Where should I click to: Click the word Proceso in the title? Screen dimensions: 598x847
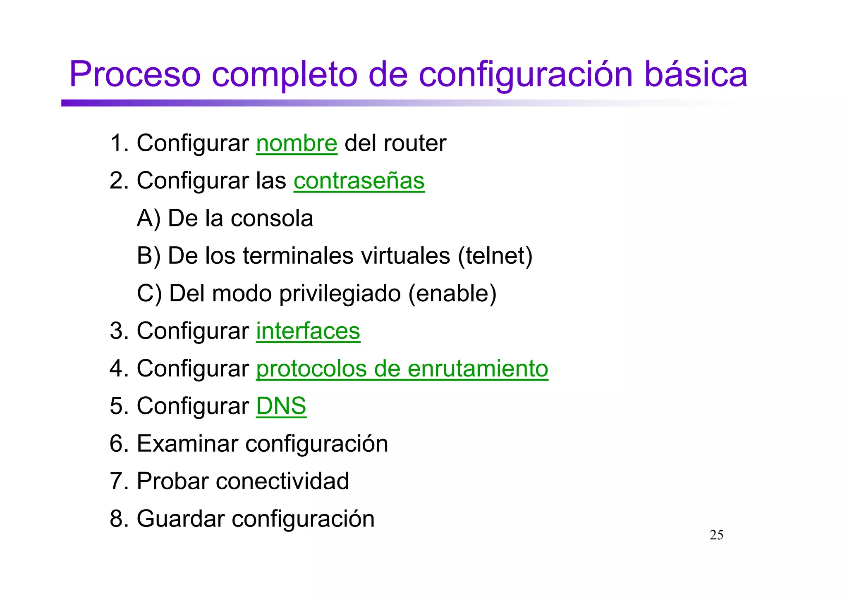coord(135,74)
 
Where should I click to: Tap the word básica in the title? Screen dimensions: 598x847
coord(696,74)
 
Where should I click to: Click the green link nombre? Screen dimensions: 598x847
coord(297,143)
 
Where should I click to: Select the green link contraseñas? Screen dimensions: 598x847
coord(359,181)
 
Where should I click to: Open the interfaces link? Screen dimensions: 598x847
coord(308,331)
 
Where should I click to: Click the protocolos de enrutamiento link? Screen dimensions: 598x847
coord(402,369)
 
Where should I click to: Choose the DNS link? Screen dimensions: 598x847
coord(281,406)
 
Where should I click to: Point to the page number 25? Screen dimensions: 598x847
coord(716,535)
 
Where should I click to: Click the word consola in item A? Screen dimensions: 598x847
coord(272,218)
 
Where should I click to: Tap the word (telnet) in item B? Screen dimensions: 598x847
coord(495,256)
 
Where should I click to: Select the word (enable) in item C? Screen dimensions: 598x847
coord(452,293)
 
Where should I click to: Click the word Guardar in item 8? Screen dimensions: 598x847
coord(180,519)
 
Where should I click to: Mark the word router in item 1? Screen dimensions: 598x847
coord(415,143)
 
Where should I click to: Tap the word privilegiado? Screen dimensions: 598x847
coord(340,294)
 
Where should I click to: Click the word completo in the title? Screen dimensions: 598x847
coord(285,74)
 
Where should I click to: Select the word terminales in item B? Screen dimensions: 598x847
coord(298,256)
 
